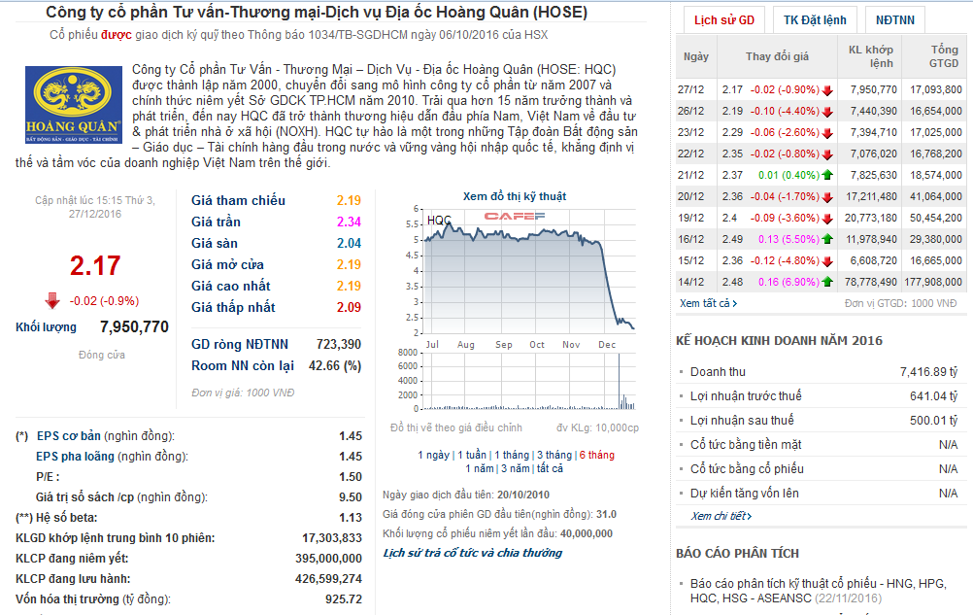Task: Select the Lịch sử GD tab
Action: [x=723, y=20]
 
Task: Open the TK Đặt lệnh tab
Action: [x=815, y=20]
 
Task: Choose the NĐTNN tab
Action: [x=893, y=20]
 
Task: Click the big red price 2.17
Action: [x=95, y=266]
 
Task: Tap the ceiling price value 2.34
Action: [x=349, y=222]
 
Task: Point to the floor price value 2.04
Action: [x=349, y=243]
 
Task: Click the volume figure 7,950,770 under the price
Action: [x=134, y=327]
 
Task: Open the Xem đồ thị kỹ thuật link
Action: [x=514, y=196]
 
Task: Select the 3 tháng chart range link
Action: [x=554, y=455]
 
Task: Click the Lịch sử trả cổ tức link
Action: [x=472, y=553]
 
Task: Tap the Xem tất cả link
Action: [x=708, y=303]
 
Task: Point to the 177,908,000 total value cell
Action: [x=930, y=282]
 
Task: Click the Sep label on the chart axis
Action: [x=503, y=345]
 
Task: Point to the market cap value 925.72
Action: [x=344, y=599]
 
